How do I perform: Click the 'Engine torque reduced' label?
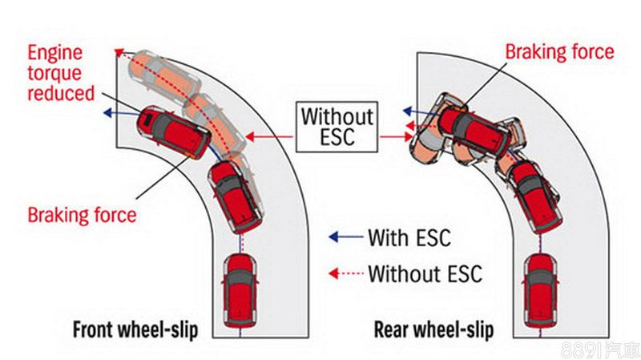point(54,73)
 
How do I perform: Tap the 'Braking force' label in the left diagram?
point(82,215)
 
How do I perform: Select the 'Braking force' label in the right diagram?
point(559,52)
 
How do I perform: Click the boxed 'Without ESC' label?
point(337,126)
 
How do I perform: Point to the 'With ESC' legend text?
point(409,237)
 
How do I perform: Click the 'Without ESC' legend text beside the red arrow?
point(425,273)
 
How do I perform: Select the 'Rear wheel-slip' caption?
point(434,329)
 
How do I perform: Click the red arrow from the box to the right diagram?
point(393,137)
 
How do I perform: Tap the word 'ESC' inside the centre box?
point(337,138)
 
